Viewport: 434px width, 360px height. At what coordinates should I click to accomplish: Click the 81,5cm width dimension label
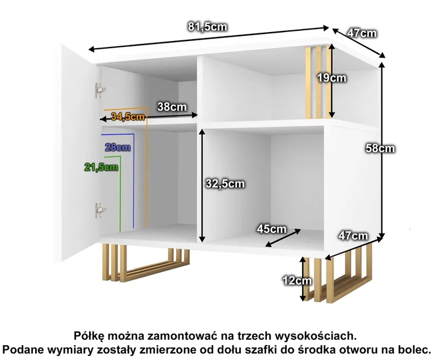coord(207,27)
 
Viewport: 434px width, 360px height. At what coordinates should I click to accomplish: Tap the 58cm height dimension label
coord(380,148)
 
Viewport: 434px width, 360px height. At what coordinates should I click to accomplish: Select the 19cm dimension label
coord(332,78)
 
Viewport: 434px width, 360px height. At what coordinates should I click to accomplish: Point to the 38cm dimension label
coord(172,107)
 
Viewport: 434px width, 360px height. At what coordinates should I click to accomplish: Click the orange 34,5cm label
coord(128,116)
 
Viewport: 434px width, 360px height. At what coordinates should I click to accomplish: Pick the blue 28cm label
coord(118,147)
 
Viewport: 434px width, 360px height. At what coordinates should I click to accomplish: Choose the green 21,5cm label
coord(101,167)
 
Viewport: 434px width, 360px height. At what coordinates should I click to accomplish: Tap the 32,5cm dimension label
coord(225,184)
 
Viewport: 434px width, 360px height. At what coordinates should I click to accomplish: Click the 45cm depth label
coord(271,229)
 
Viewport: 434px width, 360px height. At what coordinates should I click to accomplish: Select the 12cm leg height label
coord(297,280)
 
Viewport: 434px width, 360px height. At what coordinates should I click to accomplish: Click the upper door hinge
coord(100,90)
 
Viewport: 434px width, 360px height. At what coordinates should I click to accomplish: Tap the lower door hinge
coord(100,210)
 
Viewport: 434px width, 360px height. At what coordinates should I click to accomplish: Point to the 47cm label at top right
coord(362,33)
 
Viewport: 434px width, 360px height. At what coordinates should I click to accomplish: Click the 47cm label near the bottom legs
coord(353,236)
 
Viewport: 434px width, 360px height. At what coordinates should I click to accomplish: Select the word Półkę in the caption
coord(89,336)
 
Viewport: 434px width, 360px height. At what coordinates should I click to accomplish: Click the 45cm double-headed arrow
coord(283,238)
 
